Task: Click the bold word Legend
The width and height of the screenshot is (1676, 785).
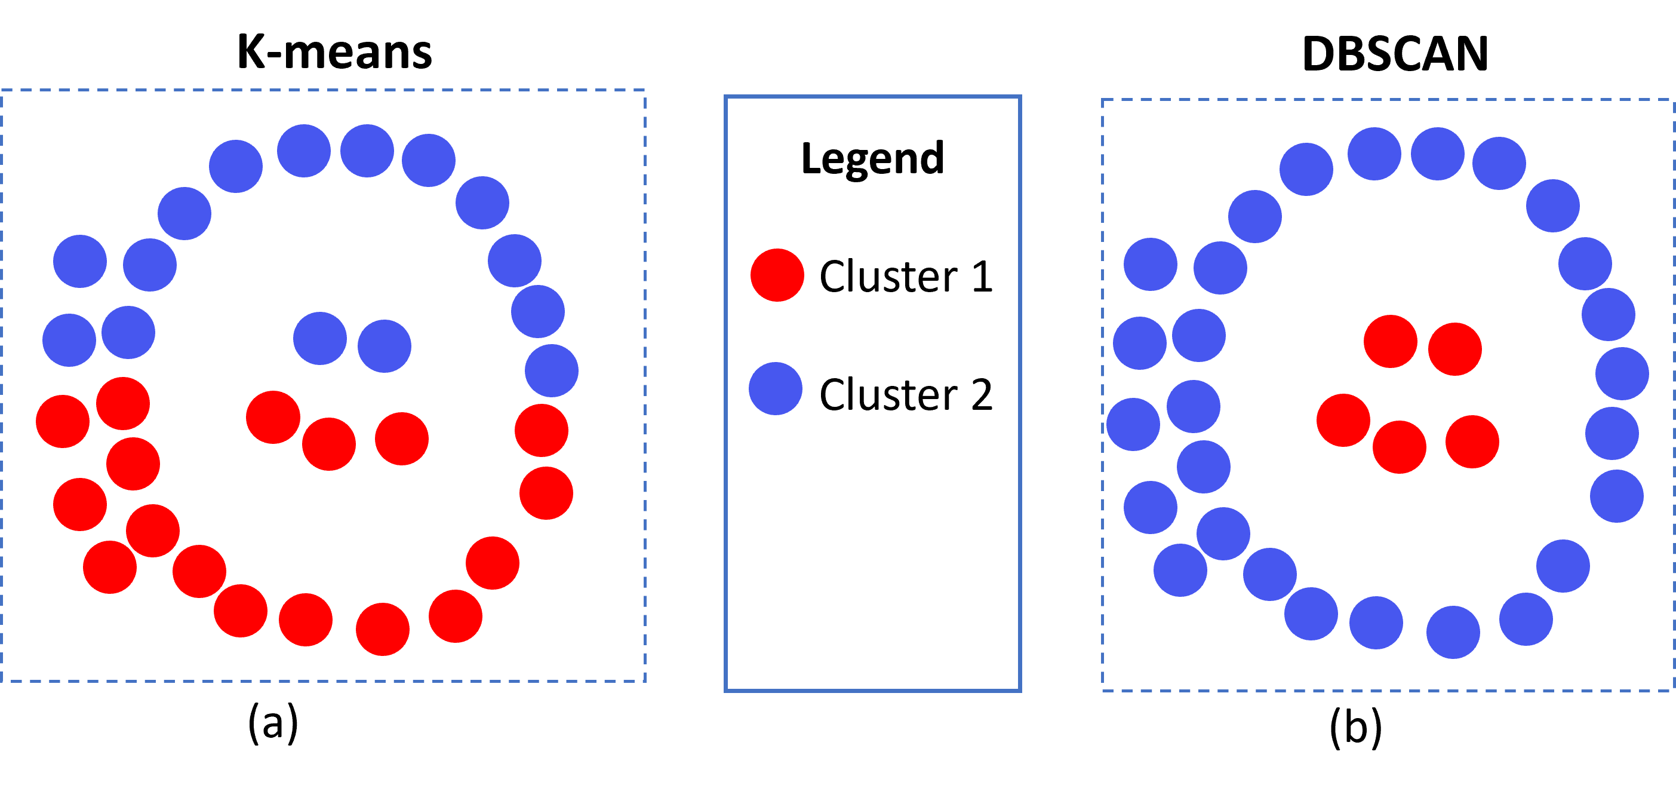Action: (872, 158)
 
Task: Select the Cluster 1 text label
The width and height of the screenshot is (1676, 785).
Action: (905, 277)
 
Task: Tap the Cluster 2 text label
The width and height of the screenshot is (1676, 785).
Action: (905, 394)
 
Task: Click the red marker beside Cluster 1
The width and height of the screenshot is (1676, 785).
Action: (777, 275)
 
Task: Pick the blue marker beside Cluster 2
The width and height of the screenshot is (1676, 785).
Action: (775, 388)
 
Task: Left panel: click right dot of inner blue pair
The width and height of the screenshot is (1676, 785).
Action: (385, 346)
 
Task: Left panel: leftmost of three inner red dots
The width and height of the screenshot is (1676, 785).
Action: (273, 417)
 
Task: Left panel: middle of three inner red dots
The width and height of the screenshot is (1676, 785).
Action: (328, 444)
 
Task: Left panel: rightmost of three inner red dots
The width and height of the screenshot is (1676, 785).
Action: (401, 439)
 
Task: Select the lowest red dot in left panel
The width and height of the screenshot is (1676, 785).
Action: (383, 630)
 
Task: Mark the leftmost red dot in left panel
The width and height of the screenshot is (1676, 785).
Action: (63, 422)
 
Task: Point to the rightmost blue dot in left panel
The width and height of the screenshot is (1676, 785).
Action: (551, 371)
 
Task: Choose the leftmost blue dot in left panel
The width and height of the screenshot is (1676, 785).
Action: (69, 341)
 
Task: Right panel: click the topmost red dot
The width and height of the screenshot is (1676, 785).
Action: (1391, 342)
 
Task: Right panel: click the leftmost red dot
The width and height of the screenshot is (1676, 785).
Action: (1343, 421)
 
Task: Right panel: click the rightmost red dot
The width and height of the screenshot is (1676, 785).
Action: (1472, 442)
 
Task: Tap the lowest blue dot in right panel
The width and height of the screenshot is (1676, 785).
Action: (1453, 633)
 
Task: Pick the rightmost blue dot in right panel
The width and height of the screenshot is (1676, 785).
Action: (1622, 373)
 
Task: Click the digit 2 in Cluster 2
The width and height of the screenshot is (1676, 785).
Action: (981, 394)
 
